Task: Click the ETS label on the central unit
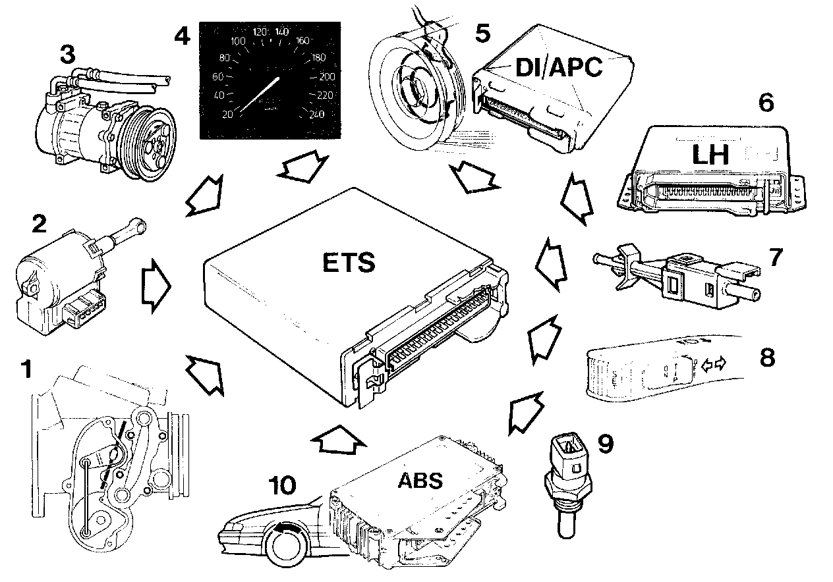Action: [x=349, y=262]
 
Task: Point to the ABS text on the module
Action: [x=420, y=479]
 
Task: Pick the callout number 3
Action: [x=67, y=55]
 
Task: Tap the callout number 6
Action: [x=766, y=102]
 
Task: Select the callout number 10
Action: [x=281, y=486]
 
